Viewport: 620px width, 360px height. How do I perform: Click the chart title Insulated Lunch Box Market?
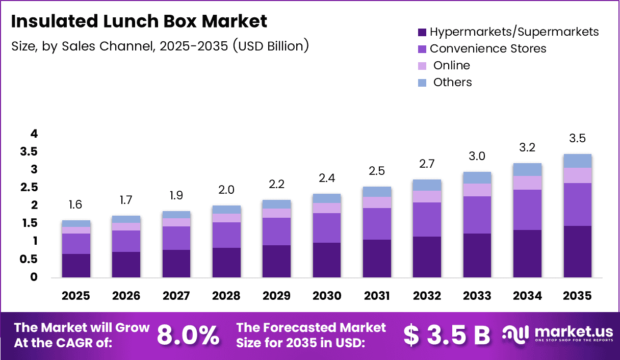click(x=139, y=21)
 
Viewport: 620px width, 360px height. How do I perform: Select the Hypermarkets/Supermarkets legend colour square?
click(x=422, y=32)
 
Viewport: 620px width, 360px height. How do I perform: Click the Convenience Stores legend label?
click(x=488, y=48)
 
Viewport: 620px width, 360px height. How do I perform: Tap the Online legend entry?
click(x=451, y=65)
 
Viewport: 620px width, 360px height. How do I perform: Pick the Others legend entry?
click(x=452, y=82)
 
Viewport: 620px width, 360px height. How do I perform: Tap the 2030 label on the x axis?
click(x=326, y=296)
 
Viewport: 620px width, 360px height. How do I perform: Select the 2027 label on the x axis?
click(x=176, y=296)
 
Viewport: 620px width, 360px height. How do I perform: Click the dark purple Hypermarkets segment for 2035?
click(x=577, y=251)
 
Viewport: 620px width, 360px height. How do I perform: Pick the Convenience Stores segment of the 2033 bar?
click(x=477, y=215)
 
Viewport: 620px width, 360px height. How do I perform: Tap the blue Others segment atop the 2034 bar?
click(x=527, y=169)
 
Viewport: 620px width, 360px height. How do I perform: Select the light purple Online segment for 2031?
click(x=377, y=202)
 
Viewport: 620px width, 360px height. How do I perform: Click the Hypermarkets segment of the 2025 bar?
click(x=76, y=265)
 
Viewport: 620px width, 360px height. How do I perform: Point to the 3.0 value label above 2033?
click(x=477, y=157)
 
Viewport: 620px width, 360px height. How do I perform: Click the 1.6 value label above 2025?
click(x=76, y=205)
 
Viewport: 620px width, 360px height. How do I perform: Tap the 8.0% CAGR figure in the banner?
click(x=188, y=335)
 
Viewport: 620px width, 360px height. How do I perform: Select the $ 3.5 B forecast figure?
click(x=446, y=335)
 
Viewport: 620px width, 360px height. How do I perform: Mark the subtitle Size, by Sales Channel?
click(x=160, y=46)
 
